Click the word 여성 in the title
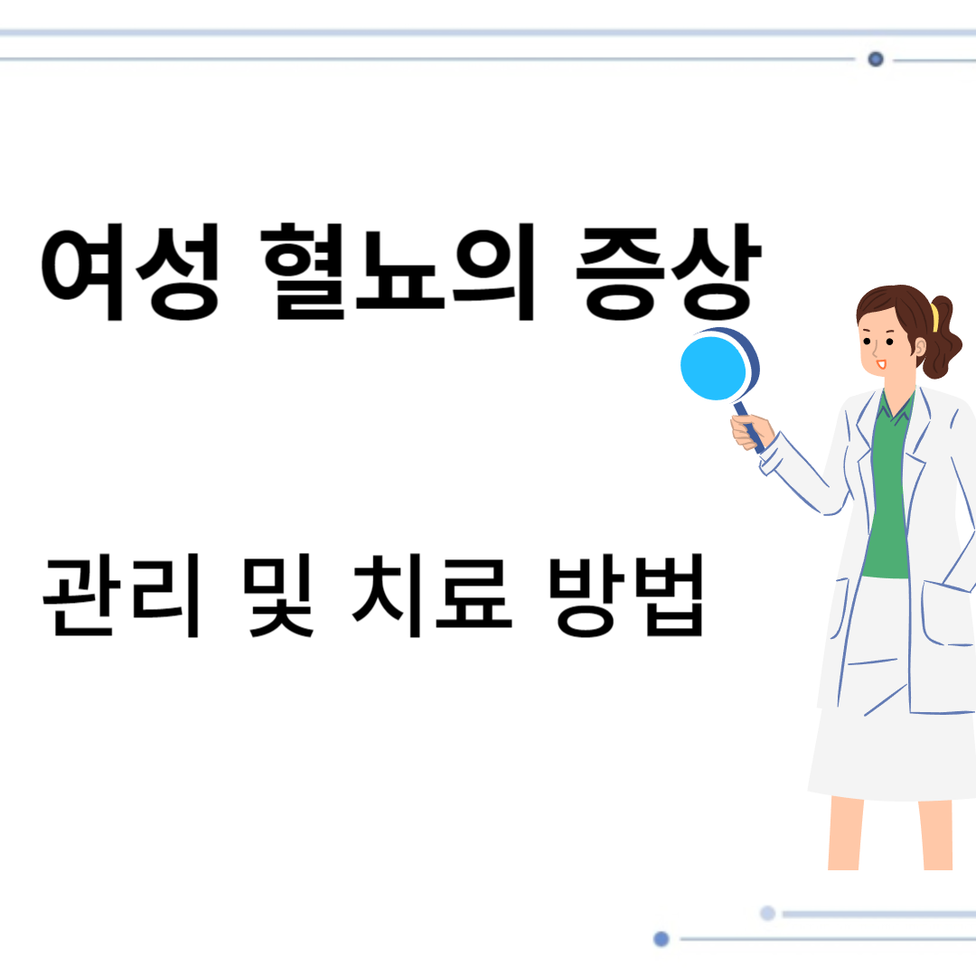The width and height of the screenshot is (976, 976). click(x=129, y=275)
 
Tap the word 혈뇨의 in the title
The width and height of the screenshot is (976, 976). click(x=398, y=275)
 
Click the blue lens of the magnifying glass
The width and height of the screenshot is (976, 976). click(x=714, y=367)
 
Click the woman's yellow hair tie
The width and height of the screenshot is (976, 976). click(x=934, y=317)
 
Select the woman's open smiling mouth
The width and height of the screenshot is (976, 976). click(x=881, y=363)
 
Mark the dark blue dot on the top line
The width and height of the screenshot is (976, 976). click(x=875, y=60)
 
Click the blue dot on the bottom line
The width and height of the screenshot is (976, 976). click(x=662, y=939)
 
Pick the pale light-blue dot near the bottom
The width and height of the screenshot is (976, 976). click(x=767, y=914)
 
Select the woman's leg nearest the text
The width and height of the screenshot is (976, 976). click(x=845, y=831)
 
